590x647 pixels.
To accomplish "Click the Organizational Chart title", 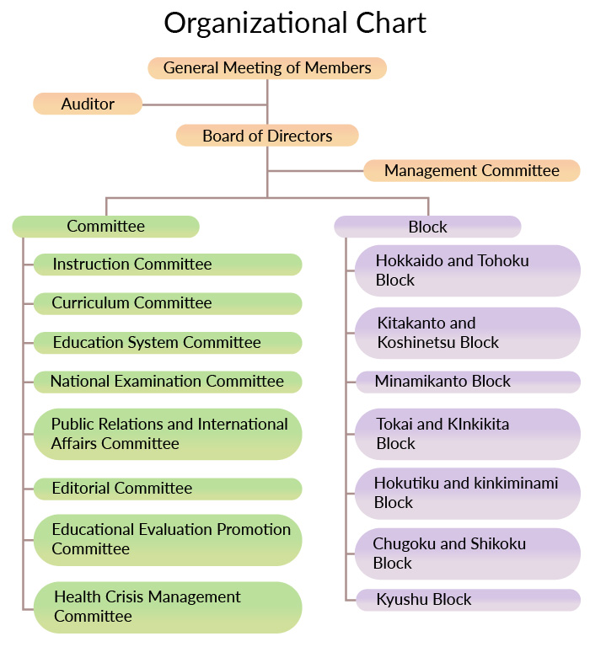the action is pos(295,24).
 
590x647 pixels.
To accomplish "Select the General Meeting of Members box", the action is pos(267,68).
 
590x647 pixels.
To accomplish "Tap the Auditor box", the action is pos(88,104).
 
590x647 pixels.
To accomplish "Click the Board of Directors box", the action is pos(267,136).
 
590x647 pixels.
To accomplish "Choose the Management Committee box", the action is pos(472,170).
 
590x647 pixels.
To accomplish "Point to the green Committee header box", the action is pos(105,227).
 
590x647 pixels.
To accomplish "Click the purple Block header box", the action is pos(427,227).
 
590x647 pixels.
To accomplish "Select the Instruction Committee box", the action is pos(168,265).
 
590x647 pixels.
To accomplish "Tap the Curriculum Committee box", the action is pos(168,303).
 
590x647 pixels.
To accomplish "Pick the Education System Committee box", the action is pos(168,343).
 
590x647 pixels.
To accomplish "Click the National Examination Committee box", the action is pos(168,382).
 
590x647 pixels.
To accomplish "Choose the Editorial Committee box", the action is pos(168,489).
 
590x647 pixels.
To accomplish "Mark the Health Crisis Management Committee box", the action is pos(168,607).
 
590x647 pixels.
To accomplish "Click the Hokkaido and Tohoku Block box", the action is pos(468,270).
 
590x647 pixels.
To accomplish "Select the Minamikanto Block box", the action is pos(468,382).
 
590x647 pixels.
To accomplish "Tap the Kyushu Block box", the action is pos(468,600).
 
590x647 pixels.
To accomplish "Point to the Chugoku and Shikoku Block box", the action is pos(468,553).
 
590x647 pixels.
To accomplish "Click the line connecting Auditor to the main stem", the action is pos(204,104).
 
